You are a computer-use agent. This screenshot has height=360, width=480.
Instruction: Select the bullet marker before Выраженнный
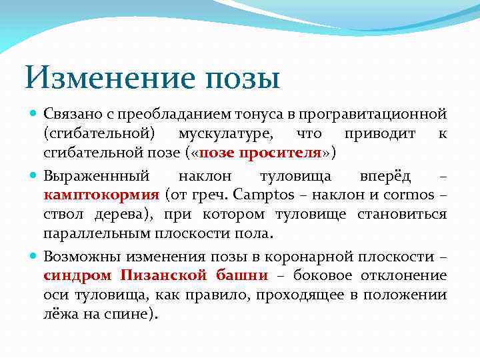click(35, 177)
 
